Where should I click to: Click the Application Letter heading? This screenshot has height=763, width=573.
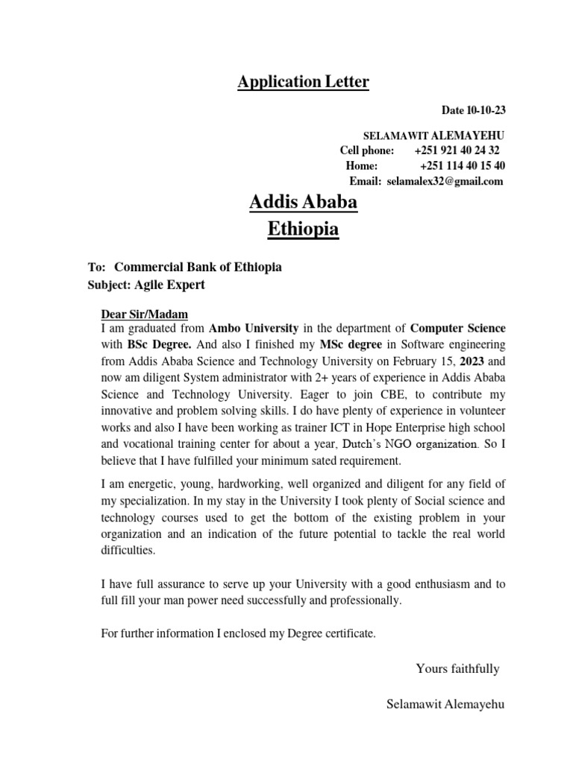[303, 82]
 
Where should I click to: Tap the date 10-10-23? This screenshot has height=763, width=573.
[486, 111]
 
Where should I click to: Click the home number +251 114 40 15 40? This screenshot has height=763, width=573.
[463, 165]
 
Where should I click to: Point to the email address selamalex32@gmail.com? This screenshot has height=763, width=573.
[445, 181]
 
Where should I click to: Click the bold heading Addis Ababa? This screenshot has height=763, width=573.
[303, 202]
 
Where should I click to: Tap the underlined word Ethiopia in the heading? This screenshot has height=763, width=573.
[303, 229]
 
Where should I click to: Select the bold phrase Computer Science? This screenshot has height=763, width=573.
[458, 328]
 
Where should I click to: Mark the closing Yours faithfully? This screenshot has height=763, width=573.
[457, 668]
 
